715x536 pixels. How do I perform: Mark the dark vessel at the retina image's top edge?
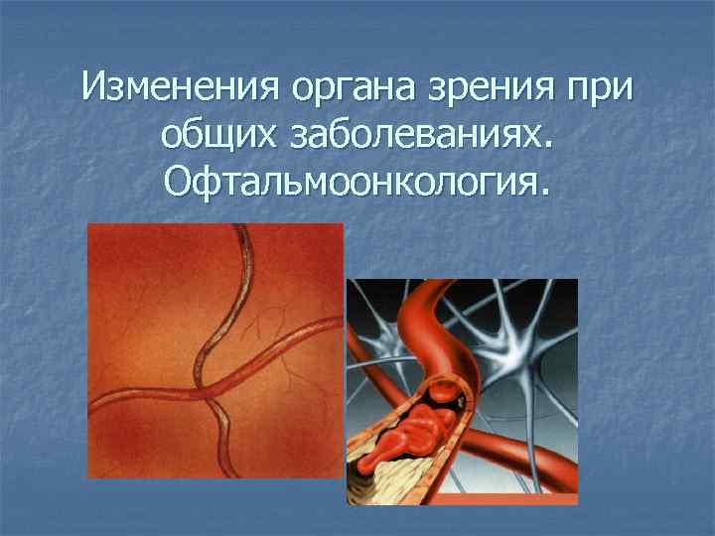(241, 231)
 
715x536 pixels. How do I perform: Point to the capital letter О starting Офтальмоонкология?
(180, 181)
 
